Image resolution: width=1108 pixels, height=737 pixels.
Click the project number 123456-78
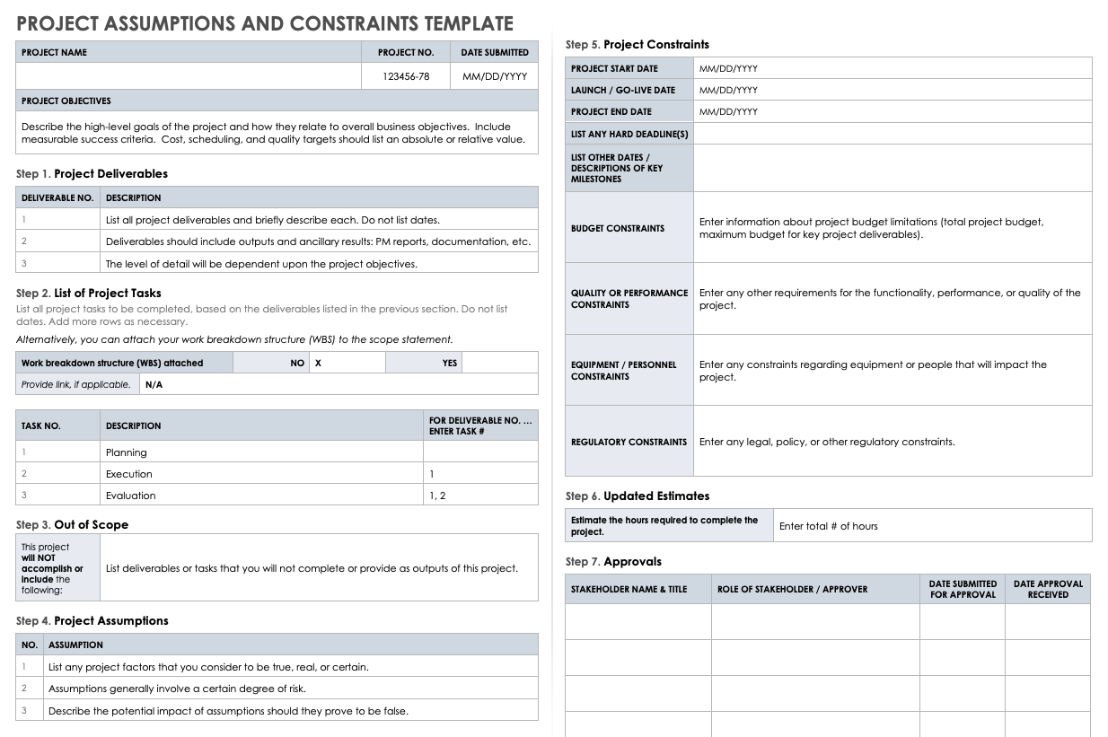[406, 76]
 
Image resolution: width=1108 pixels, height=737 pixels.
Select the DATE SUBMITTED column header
[495, 52]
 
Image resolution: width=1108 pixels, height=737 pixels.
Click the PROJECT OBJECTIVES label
[66, 101]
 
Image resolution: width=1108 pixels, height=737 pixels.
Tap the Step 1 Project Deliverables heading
[92, 174]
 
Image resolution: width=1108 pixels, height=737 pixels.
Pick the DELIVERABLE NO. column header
[57, 197]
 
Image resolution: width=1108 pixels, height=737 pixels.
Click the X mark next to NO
[318, 363]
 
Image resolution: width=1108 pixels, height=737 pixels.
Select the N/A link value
[154, 384]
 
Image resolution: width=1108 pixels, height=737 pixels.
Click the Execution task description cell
[129, 474]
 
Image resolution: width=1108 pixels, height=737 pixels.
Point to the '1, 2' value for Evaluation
[437, 496]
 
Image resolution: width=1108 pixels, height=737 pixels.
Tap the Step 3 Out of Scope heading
[72, 525]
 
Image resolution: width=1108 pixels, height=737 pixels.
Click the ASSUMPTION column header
[75, 645]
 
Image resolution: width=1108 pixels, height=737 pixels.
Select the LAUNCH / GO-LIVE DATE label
[623, 90]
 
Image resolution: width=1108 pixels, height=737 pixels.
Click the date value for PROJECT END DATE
[728, 111]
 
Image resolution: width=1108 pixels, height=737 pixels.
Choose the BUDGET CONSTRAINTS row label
[618, 228]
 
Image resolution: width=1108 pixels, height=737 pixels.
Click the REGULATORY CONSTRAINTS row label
[629, 442]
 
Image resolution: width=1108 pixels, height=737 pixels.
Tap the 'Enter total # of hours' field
[828, 526]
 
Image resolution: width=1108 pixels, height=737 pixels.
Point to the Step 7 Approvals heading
[613, 562]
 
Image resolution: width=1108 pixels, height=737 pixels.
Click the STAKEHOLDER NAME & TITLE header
[629, 589]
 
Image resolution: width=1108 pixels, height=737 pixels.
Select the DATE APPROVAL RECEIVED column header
[1048, 589]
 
